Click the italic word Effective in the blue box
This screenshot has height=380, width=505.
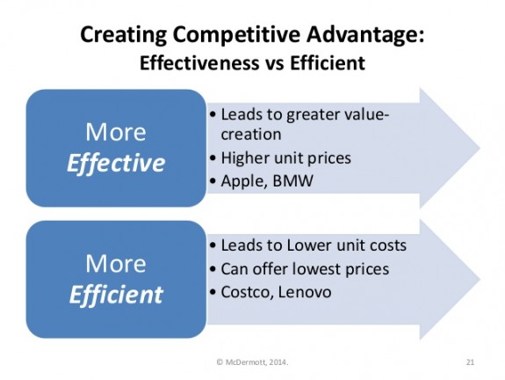[117, 163]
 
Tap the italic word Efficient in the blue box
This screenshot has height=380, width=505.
[117, 293]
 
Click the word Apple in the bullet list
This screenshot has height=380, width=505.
[242, 181]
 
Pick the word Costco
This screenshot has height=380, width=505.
[246, 291]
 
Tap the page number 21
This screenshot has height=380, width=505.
[470, 361]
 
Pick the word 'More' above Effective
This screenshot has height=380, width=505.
[117, 132]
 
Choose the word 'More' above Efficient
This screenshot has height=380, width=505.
[117, 262]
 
